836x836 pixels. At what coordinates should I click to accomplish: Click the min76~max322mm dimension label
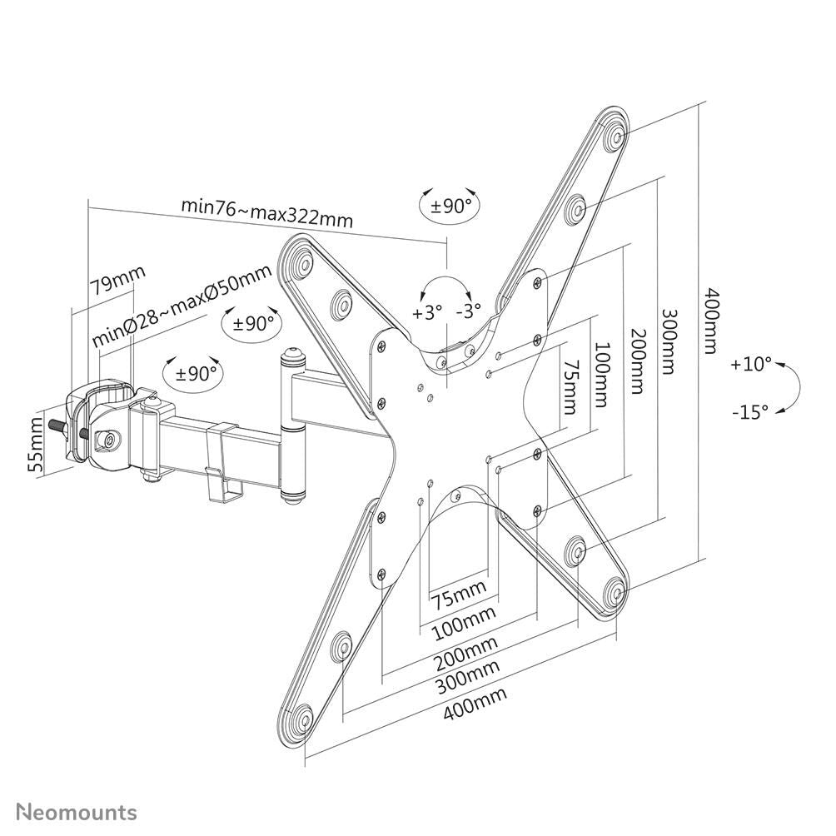pyautogui.click(x=267, y=213)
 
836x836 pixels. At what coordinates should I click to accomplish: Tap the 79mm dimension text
pyautogui.click(x=117, y=281)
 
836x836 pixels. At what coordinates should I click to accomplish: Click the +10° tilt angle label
pyautogui.click(x=753, y=364)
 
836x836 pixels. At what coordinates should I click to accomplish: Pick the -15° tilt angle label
pyautogui.click(x=751, y=411)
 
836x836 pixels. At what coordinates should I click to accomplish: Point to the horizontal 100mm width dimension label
pyautogui.click(x=463, y=620)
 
